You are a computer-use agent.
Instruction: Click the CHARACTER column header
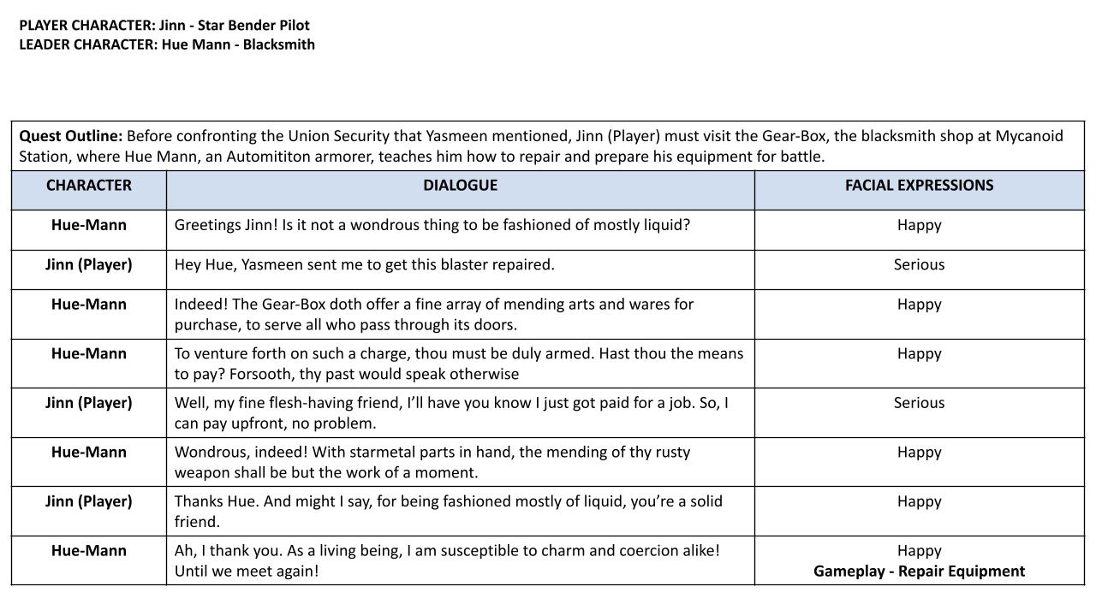point(89,186)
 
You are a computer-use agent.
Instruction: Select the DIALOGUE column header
point(460,186)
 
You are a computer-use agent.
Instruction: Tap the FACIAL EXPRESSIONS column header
point(919,186)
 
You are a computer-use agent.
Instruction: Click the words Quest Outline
point(71,136)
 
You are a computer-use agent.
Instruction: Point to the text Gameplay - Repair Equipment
point(919,572)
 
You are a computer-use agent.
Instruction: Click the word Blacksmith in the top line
point(279,44)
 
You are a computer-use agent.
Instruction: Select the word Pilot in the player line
point(295,26)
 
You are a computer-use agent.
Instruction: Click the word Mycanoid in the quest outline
point(1028,136)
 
